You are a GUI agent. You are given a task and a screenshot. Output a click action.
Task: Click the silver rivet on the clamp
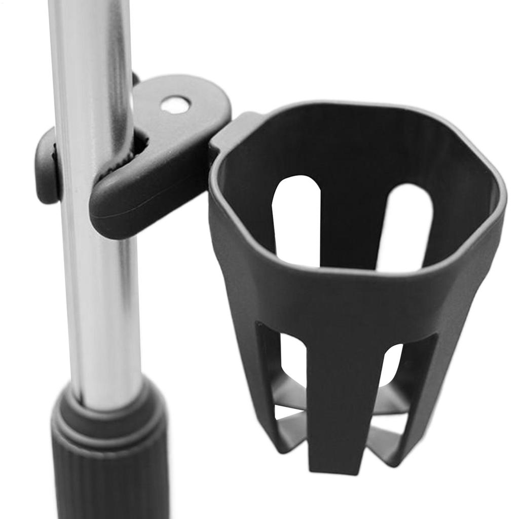[175, 105]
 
